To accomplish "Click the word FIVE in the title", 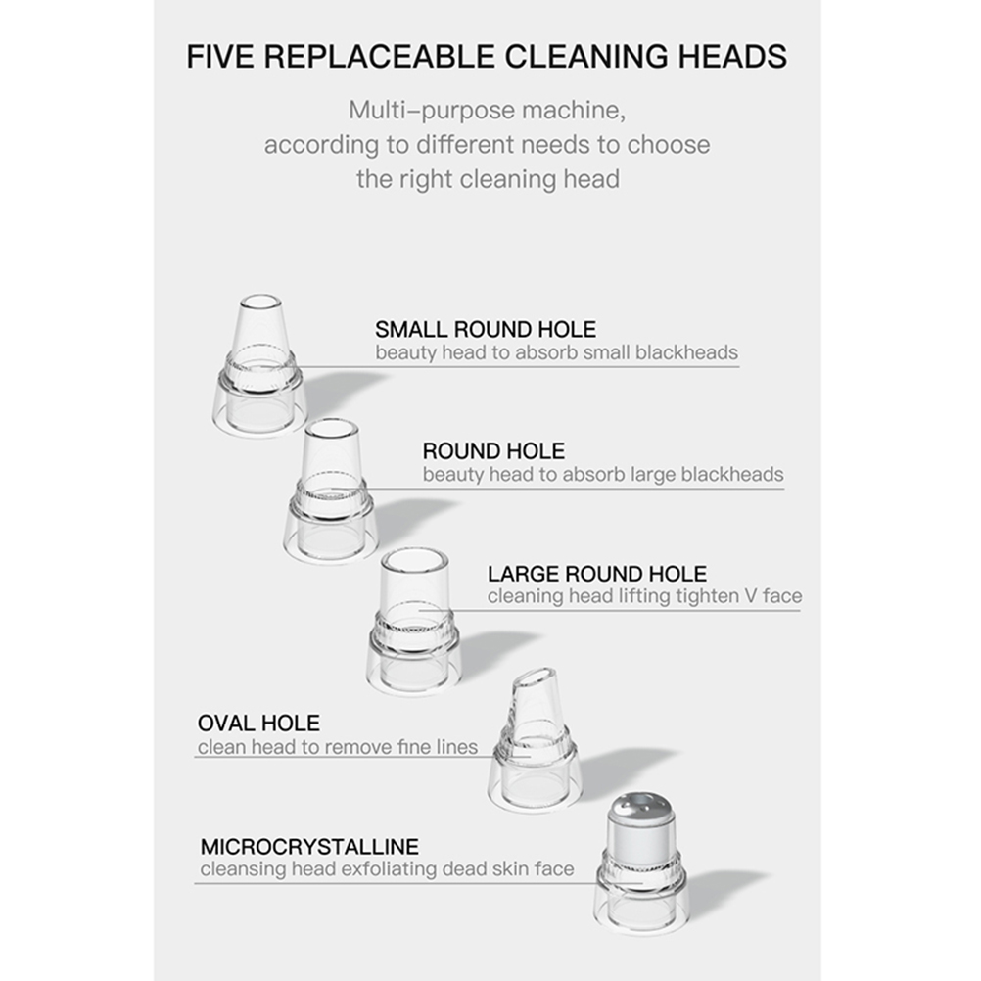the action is (x=221, y=57).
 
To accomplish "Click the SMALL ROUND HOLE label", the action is (x=486, y=329).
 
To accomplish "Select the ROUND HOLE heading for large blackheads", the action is (x=493, y=451).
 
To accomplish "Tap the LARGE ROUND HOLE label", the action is (x=597, y=574).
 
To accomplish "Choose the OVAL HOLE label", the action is (x=258, y=724).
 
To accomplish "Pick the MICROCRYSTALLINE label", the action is (x=309, y=847).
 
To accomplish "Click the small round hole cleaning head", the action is (x=259, y=366).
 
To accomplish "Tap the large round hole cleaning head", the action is (x=414, y=622).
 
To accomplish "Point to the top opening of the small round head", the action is (x=260, y=303).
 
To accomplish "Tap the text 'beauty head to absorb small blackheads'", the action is (x=556, y=352).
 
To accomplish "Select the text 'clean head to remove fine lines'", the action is (x=337, y=746).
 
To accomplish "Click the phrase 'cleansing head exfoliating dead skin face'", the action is (x=388, y=869).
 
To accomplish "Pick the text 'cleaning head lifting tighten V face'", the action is (x=644, y=596).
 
